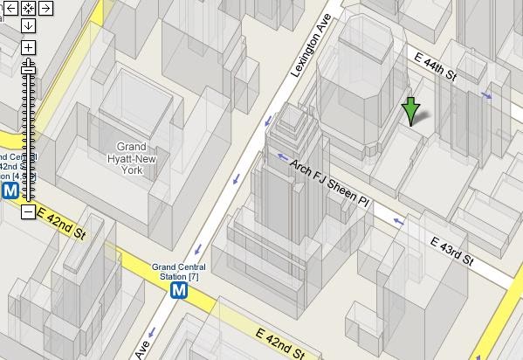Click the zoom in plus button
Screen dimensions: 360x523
coord(28,47)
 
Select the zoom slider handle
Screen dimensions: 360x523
coord(28,64)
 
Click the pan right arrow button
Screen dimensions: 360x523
coord(45,9)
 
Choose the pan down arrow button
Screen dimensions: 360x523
coord(28,24)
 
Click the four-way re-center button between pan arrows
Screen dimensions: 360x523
coord(28,9)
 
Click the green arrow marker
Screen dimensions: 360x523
coord(411,113)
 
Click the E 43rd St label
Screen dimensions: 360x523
coord(451,250)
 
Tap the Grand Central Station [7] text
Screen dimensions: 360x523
coord(175,272)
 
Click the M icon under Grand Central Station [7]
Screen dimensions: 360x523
coord(179,290)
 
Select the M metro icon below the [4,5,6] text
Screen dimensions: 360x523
coord(10,190)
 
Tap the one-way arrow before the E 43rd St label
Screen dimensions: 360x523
coord(398,222)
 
